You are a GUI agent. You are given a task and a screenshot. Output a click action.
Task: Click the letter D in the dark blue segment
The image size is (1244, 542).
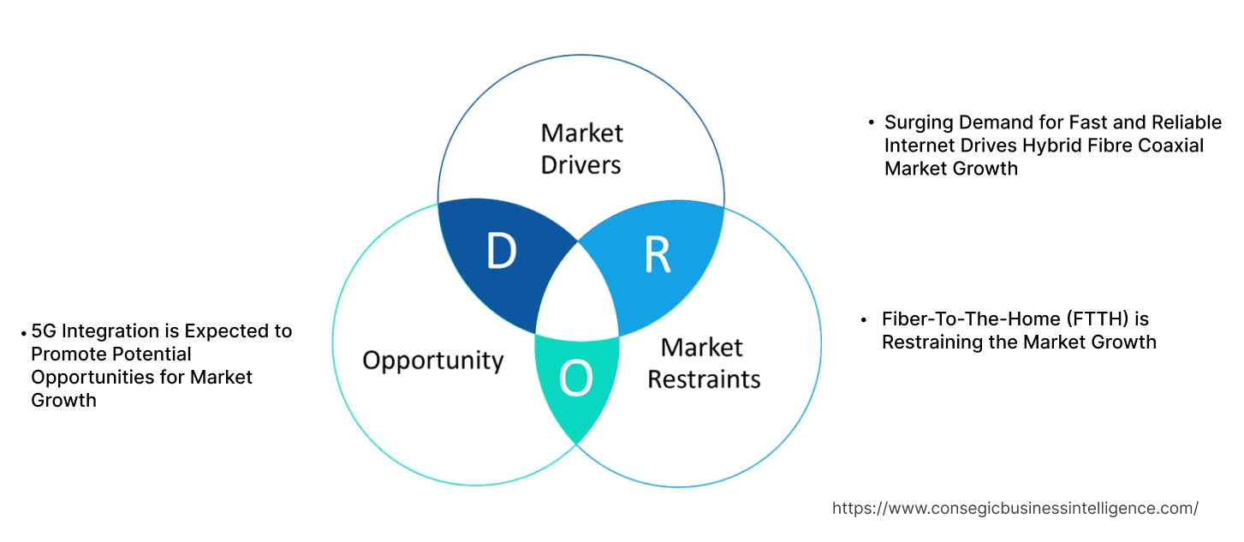pyautogui.click(x=501, y=252)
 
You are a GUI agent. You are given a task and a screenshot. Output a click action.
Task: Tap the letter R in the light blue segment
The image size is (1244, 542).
pyautogui.click(x=658, y=254)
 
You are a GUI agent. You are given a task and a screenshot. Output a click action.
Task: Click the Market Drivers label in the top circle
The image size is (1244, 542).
pyautogui.click(x=582, y=149)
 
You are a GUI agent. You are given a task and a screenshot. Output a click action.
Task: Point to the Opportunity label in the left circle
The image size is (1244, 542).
pyautogui.click(x=433, y=360)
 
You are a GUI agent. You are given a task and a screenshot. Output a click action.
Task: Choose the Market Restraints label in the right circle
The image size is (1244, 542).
pyautogui.click(x=703, y=363)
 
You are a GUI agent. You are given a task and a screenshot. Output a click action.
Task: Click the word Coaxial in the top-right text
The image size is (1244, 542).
pyautogui.click(x=1170, y=146)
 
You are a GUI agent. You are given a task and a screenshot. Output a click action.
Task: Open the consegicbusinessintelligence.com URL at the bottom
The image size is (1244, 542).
pyautogui.click(x=1015, y=509)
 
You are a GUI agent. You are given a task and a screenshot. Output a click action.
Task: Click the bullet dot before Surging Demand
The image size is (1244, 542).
pyautogui.click(x=871, y=123)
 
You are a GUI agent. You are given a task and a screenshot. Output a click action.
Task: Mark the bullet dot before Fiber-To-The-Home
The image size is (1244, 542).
pyautogui.click(x=865, y=319)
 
